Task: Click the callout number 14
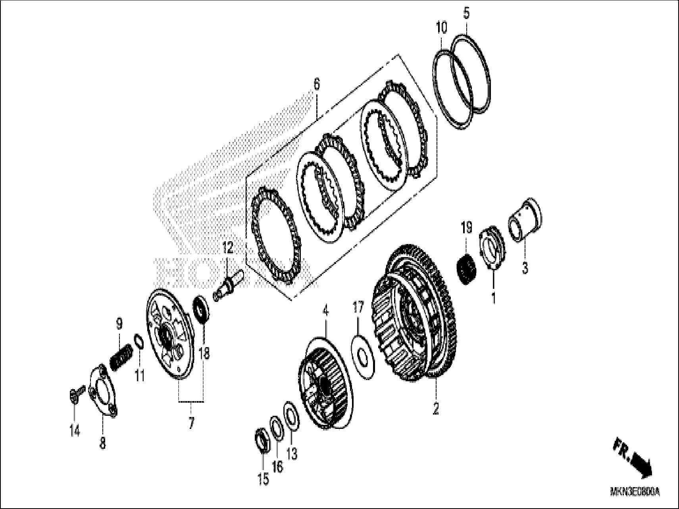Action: [75, 430]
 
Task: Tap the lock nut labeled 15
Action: [262, 439]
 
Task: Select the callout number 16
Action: [277, 467]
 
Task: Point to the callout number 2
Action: [435, 409]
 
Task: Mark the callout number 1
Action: [493, 298]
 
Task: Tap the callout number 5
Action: [466, 13]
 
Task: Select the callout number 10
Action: [441, 28]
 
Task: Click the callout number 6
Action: [316, 85]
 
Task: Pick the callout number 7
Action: [191, 423]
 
